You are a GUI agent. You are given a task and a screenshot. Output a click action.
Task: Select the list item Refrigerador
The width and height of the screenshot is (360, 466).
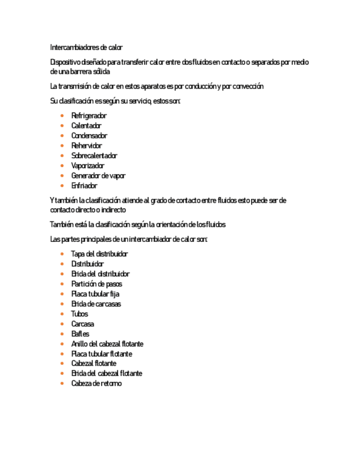[x=88, y=116]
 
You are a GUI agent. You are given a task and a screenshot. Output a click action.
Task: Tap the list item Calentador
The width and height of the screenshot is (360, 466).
[x=86, y=126]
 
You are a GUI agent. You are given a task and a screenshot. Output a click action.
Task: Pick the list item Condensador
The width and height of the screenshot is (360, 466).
[x=89, y=136]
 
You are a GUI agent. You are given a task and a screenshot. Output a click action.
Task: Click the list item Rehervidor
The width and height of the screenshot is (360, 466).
[x=86, y=146]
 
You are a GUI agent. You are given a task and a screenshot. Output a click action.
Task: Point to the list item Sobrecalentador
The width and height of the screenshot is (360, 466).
[x=94, y=156]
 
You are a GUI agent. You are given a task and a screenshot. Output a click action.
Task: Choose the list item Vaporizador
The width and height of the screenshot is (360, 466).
[x=87, y=165]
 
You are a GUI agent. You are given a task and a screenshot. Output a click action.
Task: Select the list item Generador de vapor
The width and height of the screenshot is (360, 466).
[x=98, y=176]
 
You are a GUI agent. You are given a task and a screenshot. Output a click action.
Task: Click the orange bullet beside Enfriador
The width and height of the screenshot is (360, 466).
[x=63, y=186]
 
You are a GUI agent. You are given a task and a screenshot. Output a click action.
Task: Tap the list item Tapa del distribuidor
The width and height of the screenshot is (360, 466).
[x=99, y=254]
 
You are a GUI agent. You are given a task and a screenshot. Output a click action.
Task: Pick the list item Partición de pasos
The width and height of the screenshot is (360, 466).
[x=96, y=284]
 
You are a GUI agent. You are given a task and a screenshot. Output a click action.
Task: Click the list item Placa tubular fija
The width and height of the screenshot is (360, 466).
[x=95, y=294]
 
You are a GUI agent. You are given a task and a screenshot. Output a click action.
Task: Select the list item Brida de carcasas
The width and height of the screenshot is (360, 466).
[x=96, y=304]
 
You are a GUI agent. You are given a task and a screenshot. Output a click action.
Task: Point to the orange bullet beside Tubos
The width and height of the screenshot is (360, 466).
[x=63, y=314]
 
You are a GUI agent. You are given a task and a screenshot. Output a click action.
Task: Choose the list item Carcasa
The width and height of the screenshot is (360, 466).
[x=82, y=324]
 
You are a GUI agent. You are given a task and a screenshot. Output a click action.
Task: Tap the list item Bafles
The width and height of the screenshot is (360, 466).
[x=80, y=334]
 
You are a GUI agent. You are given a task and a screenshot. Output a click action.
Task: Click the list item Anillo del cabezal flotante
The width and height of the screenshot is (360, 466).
[x=107, y=344]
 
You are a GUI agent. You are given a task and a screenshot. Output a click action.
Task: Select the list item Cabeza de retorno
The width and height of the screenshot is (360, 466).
[x=96, y=384]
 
